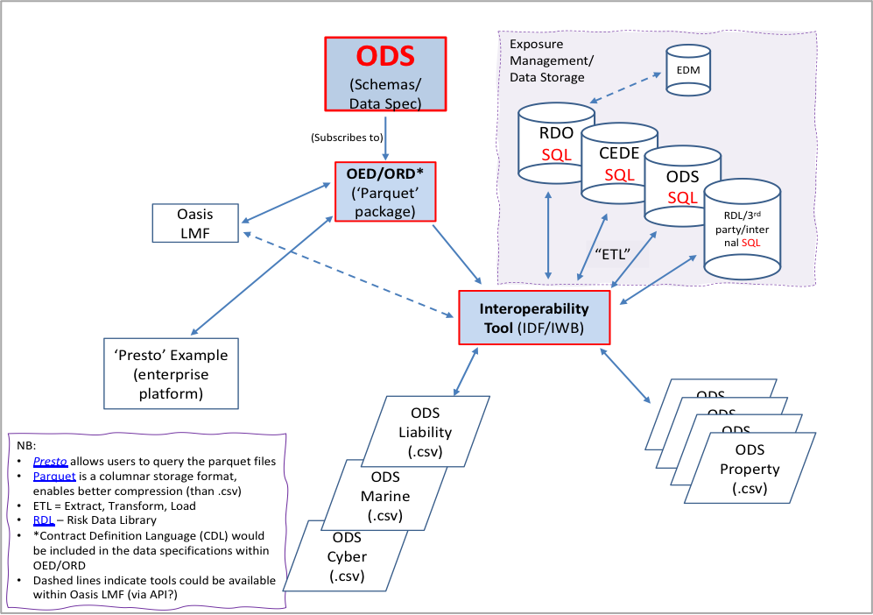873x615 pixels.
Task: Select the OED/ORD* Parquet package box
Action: click(385, 190)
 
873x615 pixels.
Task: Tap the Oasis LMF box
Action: click(194, 223)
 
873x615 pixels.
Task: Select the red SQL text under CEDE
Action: click(619, 174)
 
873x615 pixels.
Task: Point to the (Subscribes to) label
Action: click(346, 138)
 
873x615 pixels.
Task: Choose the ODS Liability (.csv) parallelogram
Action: click(425, 432)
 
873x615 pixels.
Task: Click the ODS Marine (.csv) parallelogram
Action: click(385, 497)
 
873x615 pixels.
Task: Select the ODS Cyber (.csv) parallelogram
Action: click(347, 555)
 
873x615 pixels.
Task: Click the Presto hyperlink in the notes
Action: click(51, 462)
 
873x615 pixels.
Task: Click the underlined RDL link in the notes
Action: click(44, 520)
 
